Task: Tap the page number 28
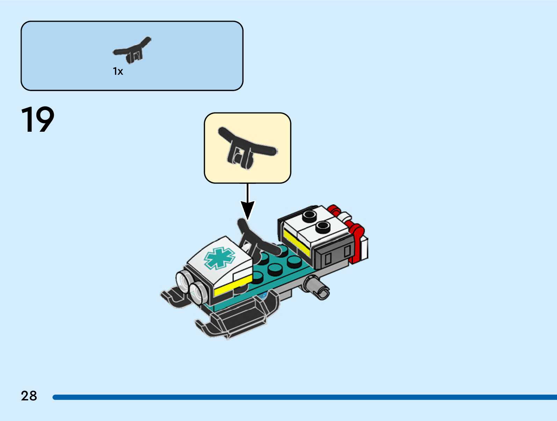point(29,396)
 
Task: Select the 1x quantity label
point(118,72)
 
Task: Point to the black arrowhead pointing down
point(247,210)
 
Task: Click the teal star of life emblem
point(219,258)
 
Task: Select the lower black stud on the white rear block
point(323,227)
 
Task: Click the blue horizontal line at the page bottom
point(304,397)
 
